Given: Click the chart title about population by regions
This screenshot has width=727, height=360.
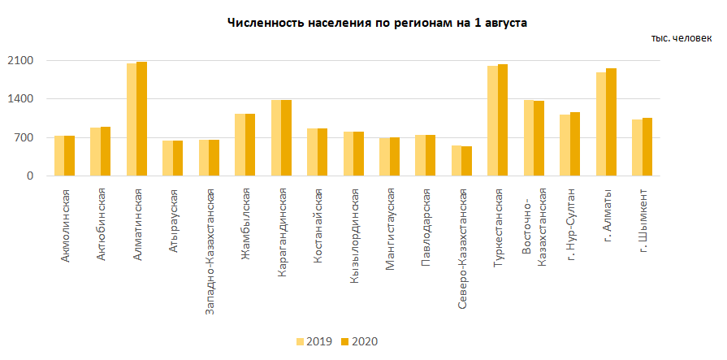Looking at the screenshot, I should (377, 24).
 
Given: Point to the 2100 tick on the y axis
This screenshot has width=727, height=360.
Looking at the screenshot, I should (20, 61).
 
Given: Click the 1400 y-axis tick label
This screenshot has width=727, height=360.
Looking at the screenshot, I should (20, 99).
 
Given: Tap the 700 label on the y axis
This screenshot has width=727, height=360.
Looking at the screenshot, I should (24, 137).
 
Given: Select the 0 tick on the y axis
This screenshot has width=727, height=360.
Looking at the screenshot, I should (30, 176).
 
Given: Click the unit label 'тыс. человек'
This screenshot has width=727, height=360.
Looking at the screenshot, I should (681, 38).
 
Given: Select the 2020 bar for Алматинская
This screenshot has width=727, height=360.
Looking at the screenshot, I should (141, 119).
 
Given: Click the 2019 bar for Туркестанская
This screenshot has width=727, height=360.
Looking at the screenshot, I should (492, 121).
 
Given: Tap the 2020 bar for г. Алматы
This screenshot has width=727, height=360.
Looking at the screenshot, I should (611, 122).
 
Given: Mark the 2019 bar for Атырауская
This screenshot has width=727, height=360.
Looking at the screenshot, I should (167, 158).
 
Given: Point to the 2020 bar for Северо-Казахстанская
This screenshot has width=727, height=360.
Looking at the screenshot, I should (466, 161).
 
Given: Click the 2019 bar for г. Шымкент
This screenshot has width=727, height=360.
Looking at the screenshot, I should (637, 148).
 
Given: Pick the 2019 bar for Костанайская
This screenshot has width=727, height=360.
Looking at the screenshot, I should (312, 152).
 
